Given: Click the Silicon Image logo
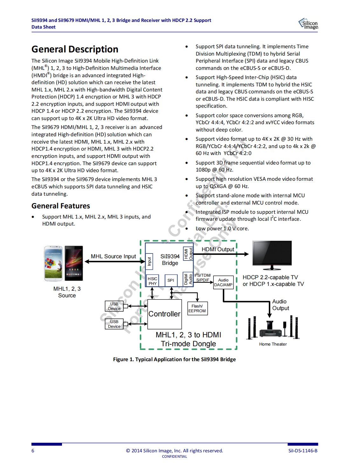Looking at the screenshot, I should coord(308,24).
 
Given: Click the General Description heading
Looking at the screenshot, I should coord(75,49).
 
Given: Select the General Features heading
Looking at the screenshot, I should coord(61,206).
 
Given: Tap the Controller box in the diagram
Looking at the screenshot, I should coord(165,314).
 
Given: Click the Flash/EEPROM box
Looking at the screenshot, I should coord(197,308).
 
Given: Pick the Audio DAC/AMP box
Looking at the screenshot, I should coord(223,282).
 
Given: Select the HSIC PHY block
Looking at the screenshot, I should coord(153,281).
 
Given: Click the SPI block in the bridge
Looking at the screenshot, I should coord(171,280).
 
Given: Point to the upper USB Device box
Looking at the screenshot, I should coord(114,306).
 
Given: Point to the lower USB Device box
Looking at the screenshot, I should coord(114,324).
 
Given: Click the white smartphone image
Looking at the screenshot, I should coord(53,263).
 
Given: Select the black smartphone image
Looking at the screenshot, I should coord(74,263).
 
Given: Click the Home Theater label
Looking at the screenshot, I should coord(273,344).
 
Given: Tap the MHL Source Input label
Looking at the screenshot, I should coord(113,256).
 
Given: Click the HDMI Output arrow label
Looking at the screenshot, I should coord(218,249).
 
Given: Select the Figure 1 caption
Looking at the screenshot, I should coord(174,359).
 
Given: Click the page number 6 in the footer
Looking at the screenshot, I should coord(33,451).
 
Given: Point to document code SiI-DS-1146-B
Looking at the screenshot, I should coord(303,451).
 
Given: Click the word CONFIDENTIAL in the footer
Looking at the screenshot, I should coord(174,456).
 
